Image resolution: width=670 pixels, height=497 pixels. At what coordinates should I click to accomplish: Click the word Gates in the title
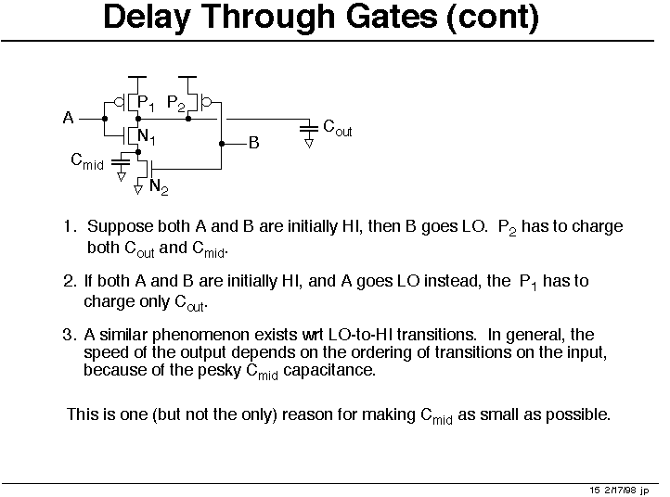(392, 17)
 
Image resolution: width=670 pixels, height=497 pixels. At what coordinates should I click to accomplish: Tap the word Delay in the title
(147, 18)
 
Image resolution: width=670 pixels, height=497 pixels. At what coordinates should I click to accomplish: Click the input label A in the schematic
(68, 118)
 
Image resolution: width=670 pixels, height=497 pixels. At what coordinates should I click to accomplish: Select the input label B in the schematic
(254, 143)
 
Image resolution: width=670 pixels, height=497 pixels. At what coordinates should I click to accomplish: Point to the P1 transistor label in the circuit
(146, 103)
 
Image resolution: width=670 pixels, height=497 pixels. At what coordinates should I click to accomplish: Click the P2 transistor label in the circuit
(176, 103)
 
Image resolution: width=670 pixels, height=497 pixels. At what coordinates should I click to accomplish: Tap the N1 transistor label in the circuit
(146, 137)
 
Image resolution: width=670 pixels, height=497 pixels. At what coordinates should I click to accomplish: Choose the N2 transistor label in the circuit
(159, 187)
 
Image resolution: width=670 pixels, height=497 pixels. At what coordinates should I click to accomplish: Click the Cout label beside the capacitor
(338, 127)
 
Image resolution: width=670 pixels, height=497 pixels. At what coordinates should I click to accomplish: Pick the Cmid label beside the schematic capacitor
(87, 161)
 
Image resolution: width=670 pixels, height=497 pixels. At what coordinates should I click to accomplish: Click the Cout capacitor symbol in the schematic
(308, 130)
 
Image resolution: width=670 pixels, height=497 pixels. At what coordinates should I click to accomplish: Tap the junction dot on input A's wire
(105, 119)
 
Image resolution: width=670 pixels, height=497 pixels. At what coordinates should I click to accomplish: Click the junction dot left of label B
(222, 144)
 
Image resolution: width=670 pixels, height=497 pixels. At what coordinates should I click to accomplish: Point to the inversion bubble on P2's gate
(206, 103)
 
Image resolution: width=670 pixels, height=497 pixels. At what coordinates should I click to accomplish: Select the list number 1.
(70, 226)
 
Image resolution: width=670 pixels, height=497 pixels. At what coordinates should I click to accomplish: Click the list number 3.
(70, 335)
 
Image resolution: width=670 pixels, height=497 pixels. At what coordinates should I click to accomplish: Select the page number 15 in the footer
(595, 491)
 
